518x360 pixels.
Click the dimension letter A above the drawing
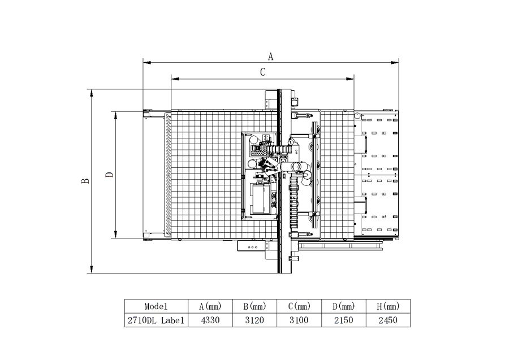click(x=270, y=57)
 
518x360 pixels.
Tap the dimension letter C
click(x=262, y=72)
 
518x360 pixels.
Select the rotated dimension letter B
click(x=85, y=181)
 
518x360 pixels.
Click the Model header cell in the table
click(x=156, y=306)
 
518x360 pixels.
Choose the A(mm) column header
click(x=210, y=306)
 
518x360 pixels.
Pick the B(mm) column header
click(x=254, y=306)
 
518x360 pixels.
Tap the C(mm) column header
click(x=299, y=306)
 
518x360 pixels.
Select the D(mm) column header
click(x=344, y=306)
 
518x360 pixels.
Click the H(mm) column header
click(x=388, y=306)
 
